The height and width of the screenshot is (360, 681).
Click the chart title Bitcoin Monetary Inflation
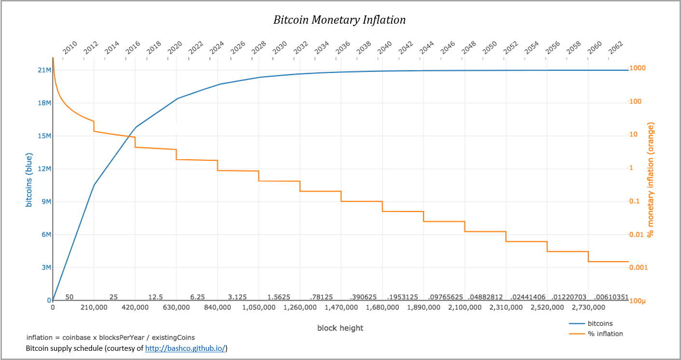340,20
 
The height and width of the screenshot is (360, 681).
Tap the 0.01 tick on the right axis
637,235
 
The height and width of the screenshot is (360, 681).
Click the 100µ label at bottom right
638,301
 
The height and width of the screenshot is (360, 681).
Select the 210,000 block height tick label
94,307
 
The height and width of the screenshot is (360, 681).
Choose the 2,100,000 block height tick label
464,307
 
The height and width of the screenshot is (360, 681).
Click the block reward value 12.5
155,297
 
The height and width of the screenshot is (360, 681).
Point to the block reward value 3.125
238,297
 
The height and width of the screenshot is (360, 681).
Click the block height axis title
340,328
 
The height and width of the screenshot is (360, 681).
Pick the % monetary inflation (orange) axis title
651,180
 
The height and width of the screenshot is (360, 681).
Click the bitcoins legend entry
599,323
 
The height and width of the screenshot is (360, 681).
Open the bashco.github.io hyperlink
185,348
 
